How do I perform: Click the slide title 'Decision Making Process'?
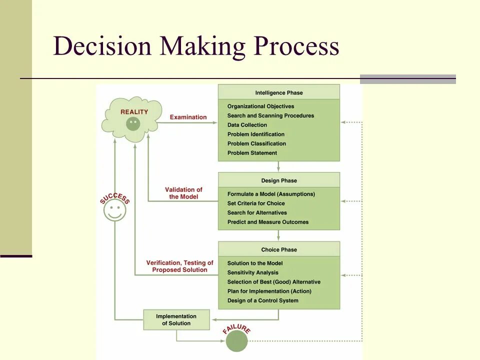(x=196, y=46)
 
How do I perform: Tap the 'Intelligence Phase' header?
(x=278, y=92)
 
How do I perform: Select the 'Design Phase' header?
(x=278, y=180)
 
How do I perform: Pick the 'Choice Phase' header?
(x=278, y=249)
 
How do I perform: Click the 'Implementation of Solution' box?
(x=176, y=319)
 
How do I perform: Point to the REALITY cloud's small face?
(x=132, y=123)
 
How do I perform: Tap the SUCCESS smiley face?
(x=114, y=210)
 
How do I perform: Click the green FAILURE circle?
(x=236, y=341)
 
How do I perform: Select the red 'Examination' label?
(x=188, y=117)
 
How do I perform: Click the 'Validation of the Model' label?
(x=183, y=193)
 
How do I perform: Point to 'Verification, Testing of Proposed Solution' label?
(x=179, y=266)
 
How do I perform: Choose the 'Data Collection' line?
(x=247, y=125)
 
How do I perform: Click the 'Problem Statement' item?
(x=252, y=153)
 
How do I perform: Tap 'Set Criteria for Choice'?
(x=256, y=203)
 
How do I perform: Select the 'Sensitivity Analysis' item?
(x=252, y=272)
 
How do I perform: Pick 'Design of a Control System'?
(x=262, y=300)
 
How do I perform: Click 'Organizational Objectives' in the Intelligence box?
(x=260, y=106)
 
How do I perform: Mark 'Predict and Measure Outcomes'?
(x=267, y=222)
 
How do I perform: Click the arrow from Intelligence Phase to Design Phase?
(x=278, y=166)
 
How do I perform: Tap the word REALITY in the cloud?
(x=134, y=112)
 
